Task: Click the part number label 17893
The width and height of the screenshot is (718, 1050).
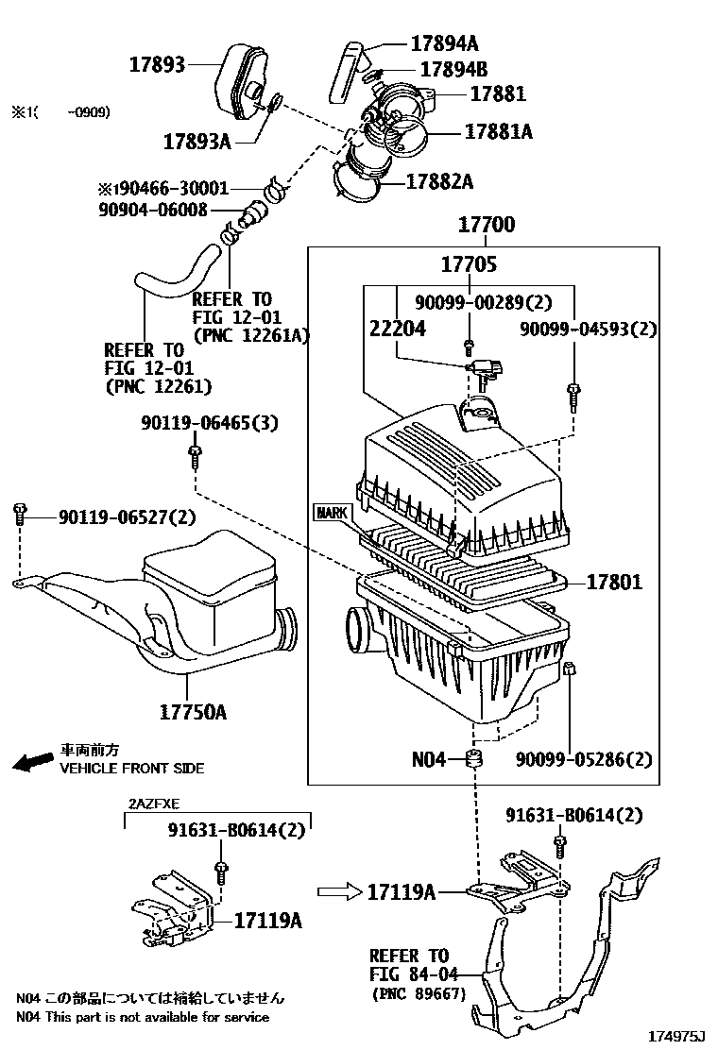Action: (157, 64)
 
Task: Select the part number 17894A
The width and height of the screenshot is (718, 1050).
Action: (444, 42)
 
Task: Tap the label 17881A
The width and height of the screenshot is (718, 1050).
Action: (498, 132)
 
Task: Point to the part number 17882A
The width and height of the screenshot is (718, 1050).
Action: (439, 181)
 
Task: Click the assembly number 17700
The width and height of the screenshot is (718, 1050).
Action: (487, 225)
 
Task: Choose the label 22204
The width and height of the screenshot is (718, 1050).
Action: (396, 329)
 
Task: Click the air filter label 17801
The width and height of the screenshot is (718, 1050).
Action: (613, 582)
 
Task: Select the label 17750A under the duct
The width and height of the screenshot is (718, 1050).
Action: (193, 712)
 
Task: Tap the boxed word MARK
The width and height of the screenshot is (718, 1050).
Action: (332, 513)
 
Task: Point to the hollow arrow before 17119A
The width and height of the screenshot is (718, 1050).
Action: (338, 890)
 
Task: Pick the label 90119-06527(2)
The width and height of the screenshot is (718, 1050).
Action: (128, 517)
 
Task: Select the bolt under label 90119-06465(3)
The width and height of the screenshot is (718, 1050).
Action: (194, 459)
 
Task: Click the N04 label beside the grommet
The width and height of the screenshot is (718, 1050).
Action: (428, 759)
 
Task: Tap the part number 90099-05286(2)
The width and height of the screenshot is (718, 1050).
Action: (585, 759)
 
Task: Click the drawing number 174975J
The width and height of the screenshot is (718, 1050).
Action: (675, 1037)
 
